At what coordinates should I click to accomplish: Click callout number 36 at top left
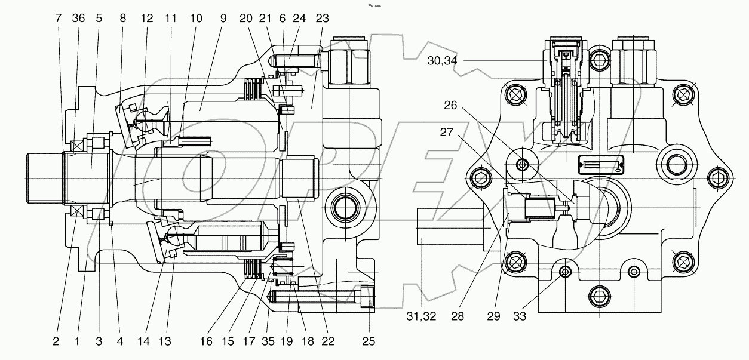(78, 18)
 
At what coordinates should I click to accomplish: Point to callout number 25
(369, 341)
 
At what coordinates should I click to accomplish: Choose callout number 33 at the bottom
(520, 316)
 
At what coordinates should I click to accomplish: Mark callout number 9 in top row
(223, 18)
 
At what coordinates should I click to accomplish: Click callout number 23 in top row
(322, 18)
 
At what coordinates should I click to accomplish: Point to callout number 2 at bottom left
(56, 341)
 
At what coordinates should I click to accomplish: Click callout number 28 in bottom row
(458, 316)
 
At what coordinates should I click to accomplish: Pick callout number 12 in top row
(147, 18)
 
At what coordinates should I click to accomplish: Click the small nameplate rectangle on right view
(601, 164)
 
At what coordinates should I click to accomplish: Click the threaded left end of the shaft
(45, 178)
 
